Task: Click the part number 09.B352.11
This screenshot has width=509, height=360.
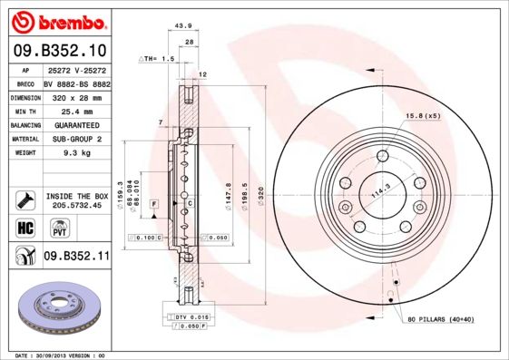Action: [x=76, y=257]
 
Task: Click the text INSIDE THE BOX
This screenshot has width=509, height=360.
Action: [x=76, y=195]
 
